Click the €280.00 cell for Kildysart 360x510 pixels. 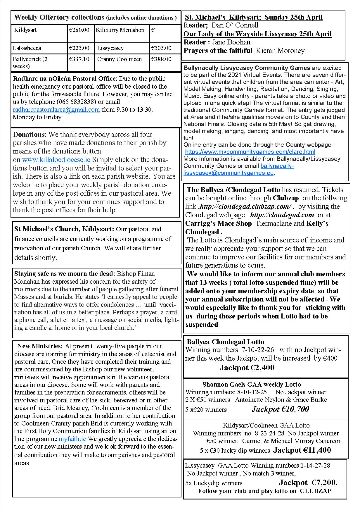(79, 30)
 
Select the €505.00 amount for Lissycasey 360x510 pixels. (161, 48)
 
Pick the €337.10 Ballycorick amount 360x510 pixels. (79, 59)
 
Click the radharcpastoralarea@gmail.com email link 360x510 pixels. (56, 110)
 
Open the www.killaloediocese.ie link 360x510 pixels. (56, 160)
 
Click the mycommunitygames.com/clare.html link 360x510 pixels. (250, 152)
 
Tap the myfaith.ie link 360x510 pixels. (72, 439)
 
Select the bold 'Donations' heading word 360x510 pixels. (29, 135)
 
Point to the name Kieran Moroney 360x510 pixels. (280, 51)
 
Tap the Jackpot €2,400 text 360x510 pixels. (247, 368)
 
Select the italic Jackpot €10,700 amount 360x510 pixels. (281, 409)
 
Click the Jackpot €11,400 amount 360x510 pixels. (302, 450)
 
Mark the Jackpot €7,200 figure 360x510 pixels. (308, 483)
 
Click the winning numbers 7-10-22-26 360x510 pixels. (258, 350)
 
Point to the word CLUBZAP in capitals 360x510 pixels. (316, 491)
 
